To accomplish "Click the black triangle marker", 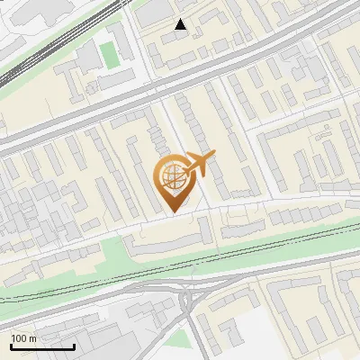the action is tap(181, 24).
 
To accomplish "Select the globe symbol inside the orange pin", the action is tap(172, 176).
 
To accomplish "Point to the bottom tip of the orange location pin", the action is tap(172, 212).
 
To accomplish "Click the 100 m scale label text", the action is tap(23, 338).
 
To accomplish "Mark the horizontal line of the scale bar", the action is tap(42, 346).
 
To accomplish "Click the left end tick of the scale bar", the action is tap(11, 344).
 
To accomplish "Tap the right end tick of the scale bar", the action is tap(74, 344).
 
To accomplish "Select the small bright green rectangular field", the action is tap(109, 54).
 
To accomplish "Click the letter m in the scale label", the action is tap(32, 338).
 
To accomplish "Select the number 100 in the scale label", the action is tap(19, 338).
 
